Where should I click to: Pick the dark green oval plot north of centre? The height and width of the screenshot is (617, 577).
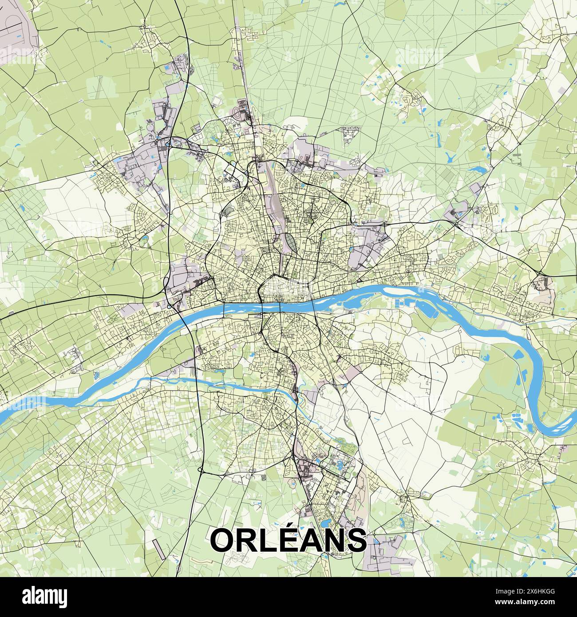[289, 242]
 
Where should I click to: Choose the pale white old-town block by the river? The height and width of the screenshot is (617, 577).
[284, 293]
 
